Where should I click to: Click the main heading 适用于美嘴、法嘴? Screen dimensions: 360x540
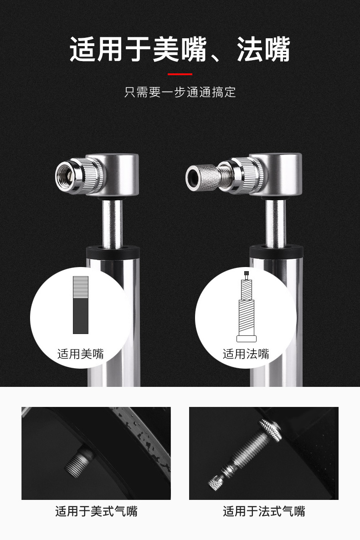[180, 50]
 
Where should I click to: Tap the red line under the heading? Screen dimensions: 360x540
[180, 74]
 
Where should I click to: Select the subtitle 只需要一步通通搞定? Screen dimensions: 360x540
[180, 93]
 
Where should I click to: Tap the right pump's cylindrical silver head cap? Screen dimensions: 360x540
[280, 174]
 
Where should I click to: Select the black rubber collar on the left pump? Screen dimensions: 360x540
[113, 253]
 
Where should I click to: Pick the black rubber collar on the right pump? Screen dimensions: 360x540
[276, 252]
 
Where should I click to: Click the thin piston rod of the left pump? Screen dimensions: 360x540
[112, 223]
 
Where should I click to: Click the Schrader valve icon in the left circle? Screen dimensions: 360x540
[81, 305]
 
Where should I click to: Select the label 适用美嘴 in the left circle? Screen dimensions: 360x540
[81, 354]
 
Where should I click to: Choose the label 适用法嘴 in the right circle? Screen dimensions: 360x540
[246, 354]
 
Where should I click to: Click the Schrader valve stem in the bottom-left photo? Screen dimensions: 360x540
[78, 462]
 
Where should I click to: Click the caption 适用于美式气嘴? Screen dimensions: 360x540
[97, 511]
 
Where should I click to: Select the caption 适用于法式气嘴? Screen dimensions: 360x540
[264, 511]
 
